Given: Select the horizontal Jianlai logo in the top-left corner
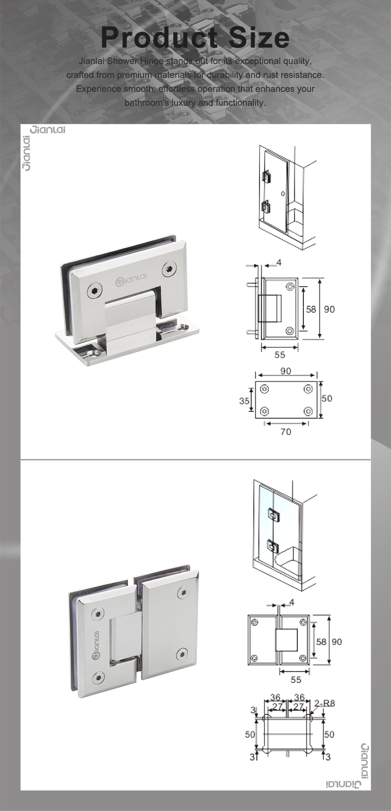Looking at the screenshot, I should click(x=48, y=130).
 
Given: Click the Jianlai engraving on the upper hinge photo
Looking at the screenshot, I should click(x=131, y=279).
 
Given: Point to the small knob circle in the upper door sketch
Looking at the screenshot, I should click(x=283, y=194).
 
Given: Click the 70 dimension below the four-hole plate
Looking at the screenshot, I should click(x=286, y=431).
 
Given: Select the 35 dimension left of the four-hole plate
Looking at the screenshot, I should click(x=244, y=401).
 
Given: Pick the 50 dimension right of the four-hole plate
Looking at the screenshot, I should click(x=327, y=398).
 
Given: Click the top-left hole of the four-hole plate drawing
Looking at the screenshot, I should click(x=264, y=389).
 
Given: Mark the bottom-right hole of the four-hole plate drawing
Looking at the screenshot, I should click(x=307, y=411).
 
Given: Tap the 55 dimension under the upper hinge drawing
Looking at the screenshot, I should click(x=279, y=355).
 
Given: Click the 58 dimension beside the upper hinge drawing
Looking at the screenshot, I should click(x=311, y=309).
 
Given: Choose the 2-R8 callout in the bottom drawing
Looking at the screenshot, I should click(x=325, y=703).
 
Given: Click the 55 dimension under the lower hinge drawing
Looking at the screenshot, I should click(x=296, y=679).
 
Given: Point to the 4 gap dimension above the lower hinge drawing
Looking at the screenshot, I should click(x=291, y=603).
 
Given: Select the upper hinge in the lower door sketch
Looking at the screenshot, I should click(x=272, y=515).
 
